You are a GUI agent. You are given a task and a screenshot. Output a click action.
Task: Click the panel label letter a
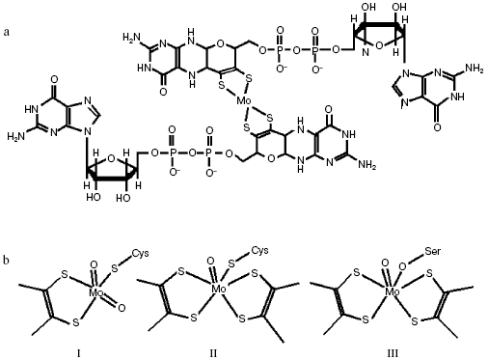pyautogui.click(x=8, y=33)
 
